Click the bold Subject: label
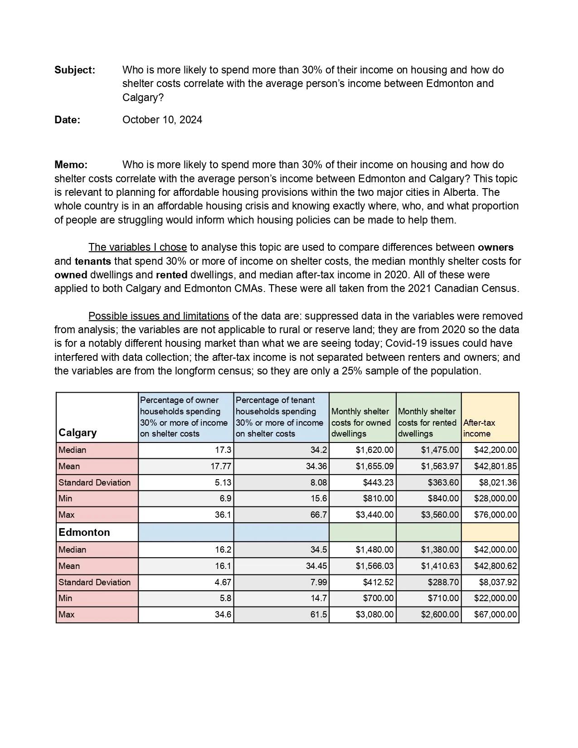[75, 70]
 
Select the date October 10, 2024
[162, 120]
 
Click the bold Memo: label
[71, 165]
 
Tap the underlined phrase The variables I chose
[137, 247]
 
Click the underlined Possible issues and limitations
[158, 316]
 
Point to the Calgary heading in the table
[78, 432]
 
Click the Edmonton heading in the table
[84, 532]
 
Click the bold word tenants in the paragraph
[92, 261]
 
